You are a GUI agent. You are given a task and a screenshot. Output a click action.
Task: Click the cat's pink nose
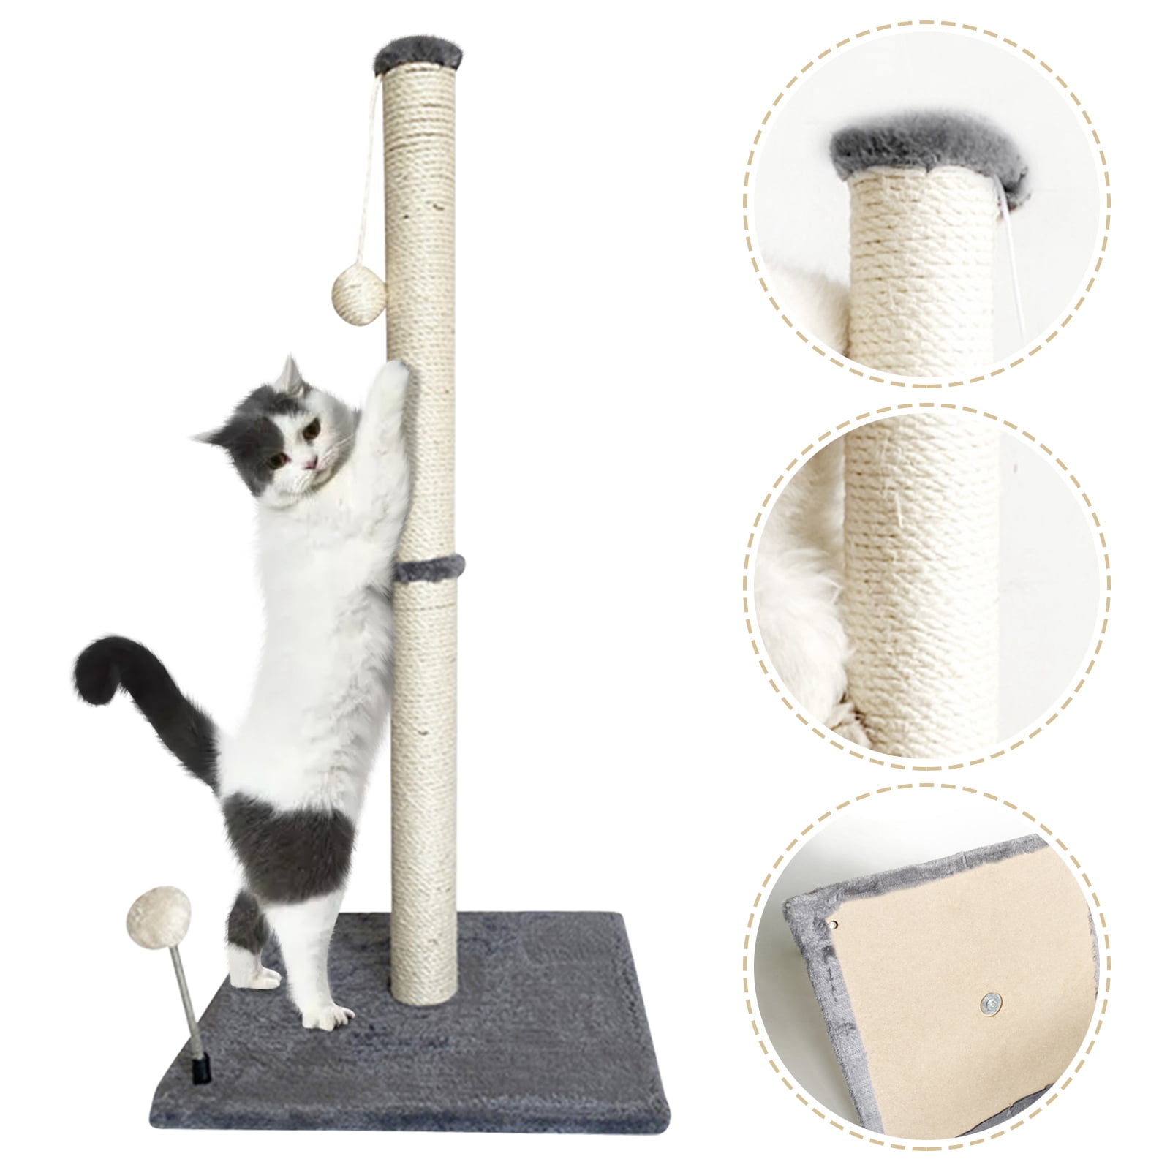[x=312, y=461]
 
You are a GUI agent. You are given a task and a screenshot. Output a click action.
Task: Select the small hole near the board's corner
[x=833, y=924]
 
